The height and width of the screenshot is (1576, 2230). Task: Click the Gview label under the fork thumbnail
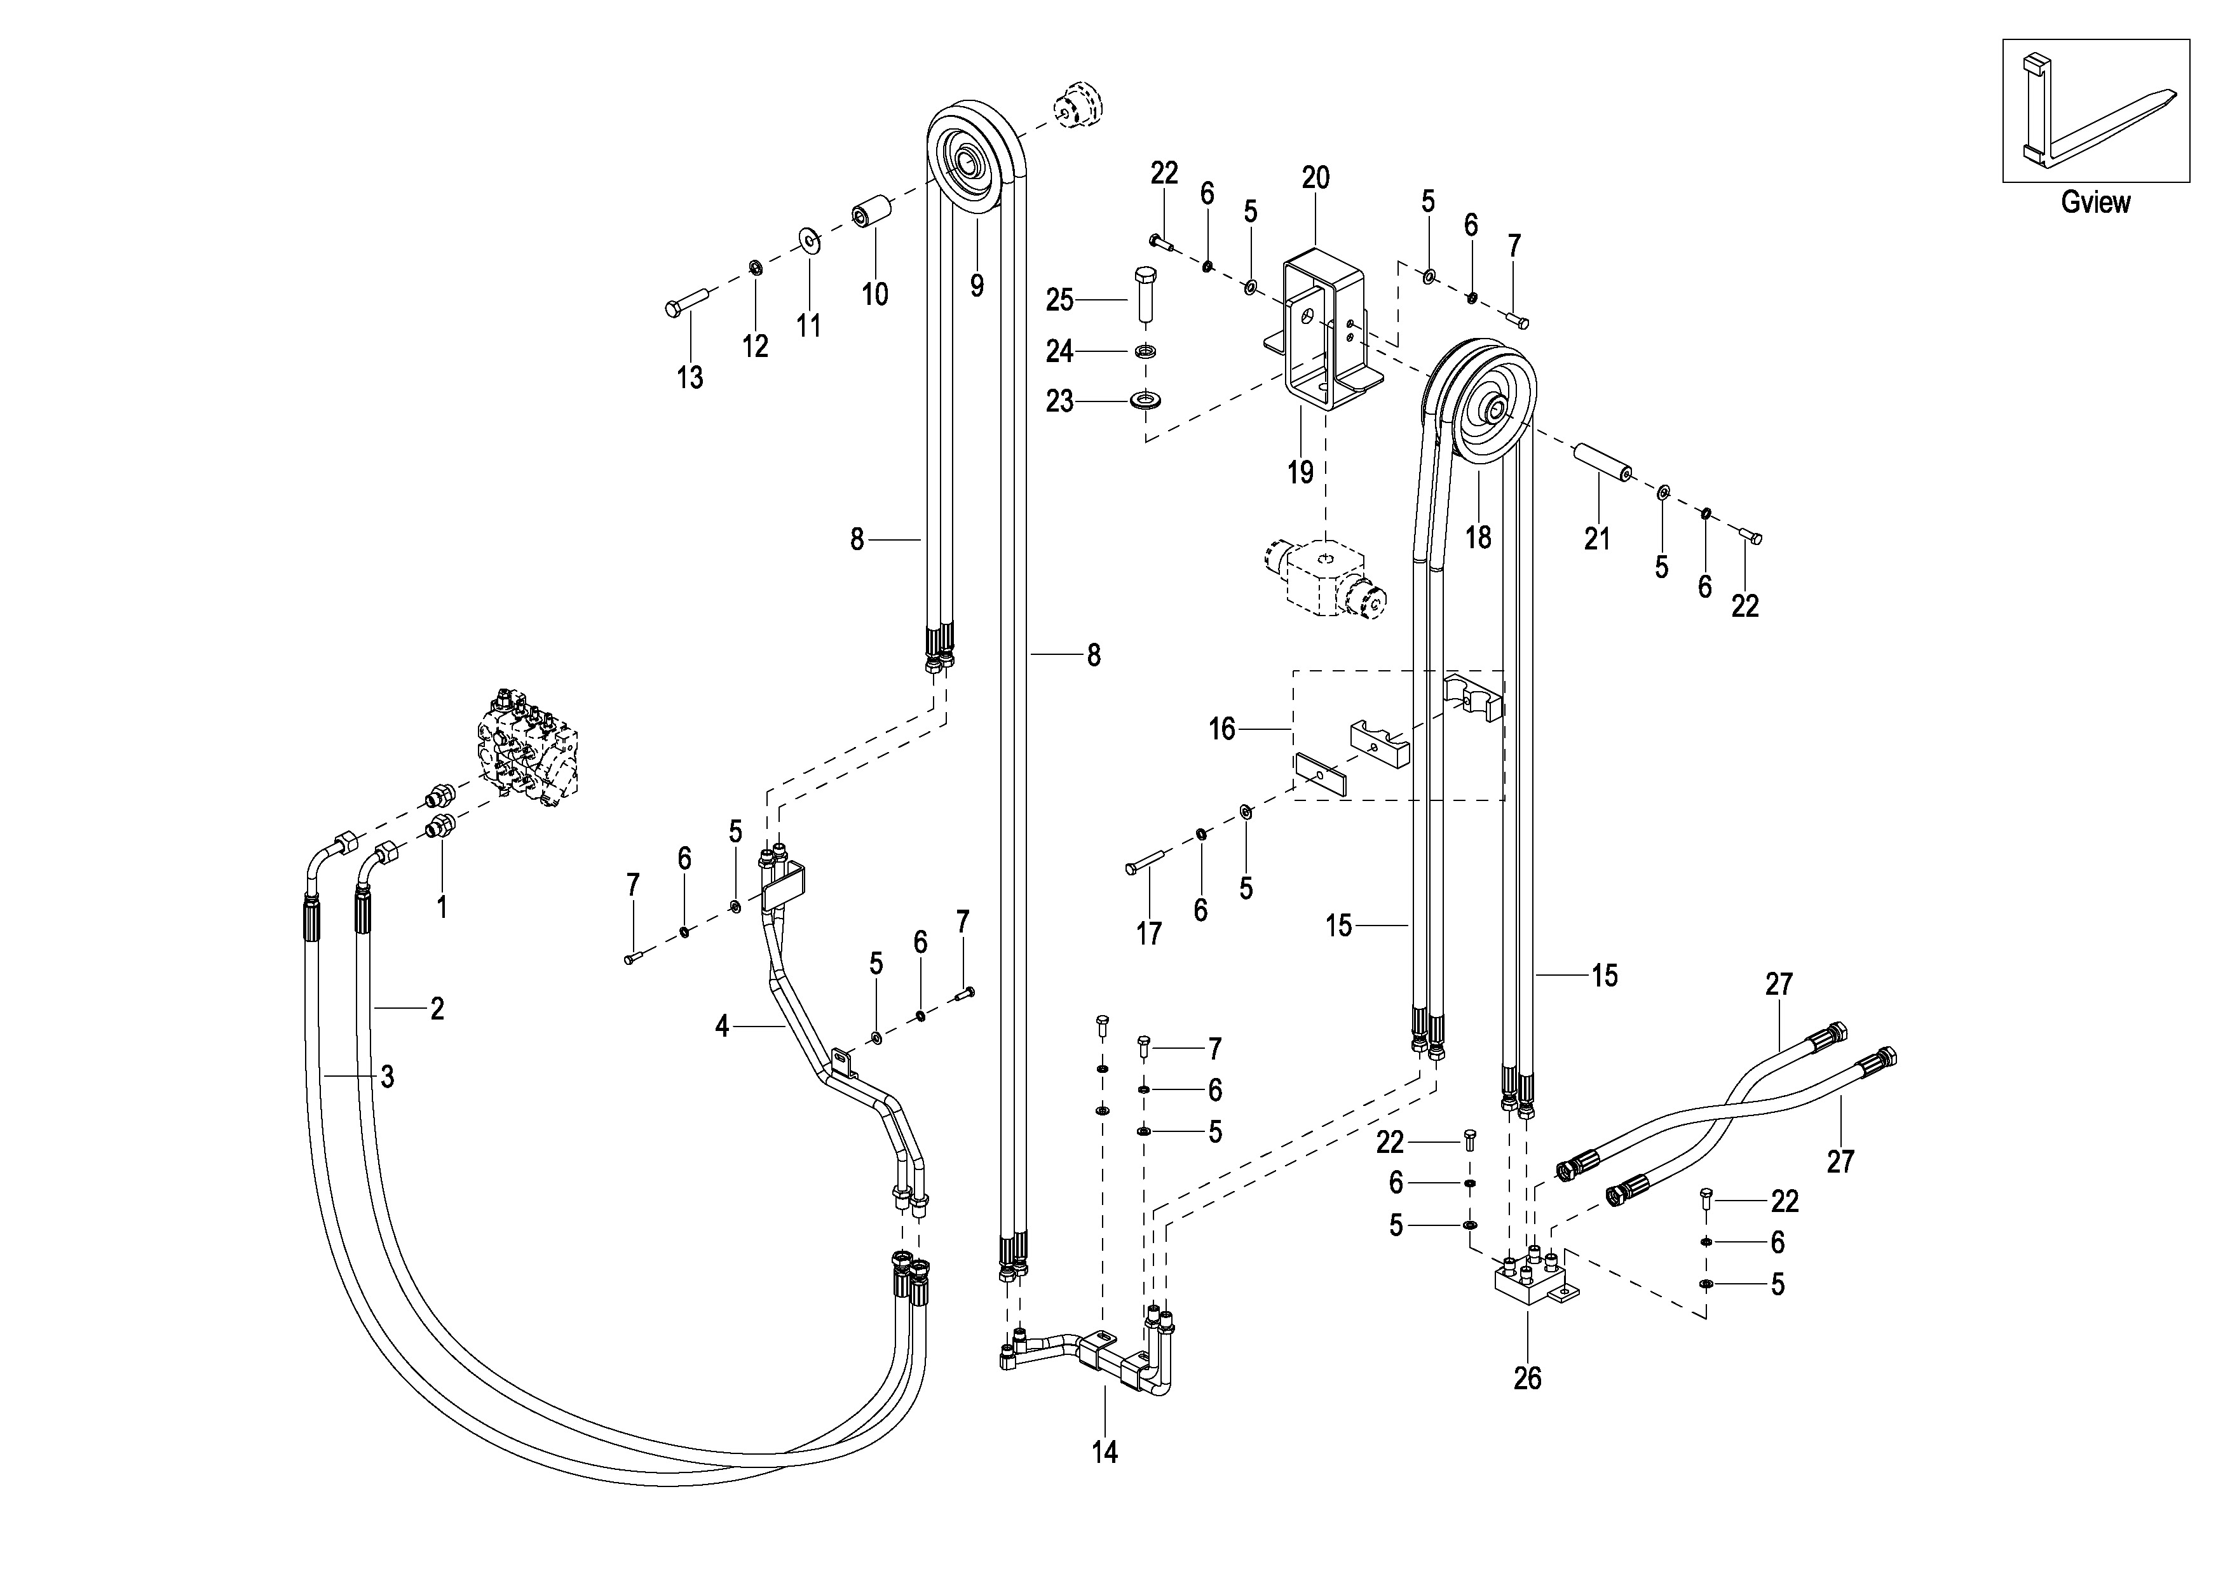click(x=2095, y=202)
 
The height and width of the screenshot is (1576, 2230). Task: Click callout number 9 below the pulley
click(x=976, y=285)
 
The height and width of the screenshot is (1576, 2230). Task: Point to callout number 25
click(x=1059, y=300)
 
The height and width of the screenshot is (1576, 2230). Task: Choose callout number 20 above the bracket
click(x=1315, y=178)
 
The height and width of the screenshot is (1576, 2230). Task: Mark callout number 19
click(x=1300, y=472)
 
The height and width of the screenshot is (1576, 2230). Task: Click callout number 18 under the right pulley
click(x=1478, y=536)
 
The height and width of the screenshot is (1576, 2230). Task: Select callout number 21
click(x=1597, y=538)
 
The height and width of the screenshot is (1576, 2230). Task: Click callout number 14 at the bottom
click(x=1105, y=1451)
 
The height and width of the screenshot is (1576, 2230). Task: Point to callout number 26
click(x=1527, y=1378)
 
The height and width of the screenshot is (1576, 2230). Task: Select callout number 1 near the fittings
click(x=442, y=907)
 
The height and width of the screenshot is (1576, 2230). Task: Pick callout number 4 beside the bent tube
click(x=722, y=1025)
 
